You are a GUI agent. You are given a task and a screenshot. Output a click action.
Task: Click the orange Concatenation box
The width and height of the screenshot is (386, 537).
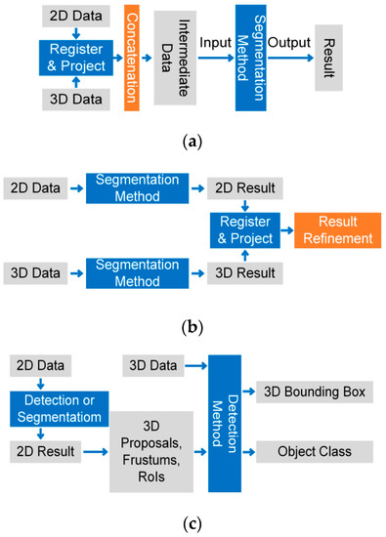tap(132, 58)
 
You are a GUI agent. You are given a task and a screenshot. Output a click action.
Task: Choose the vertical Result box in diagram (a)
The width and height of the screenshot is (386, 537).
tap(329, 58)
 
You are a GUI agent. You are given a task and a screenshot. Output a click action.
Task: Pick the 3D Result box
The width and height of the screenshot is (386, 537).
tap(236, 268)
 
